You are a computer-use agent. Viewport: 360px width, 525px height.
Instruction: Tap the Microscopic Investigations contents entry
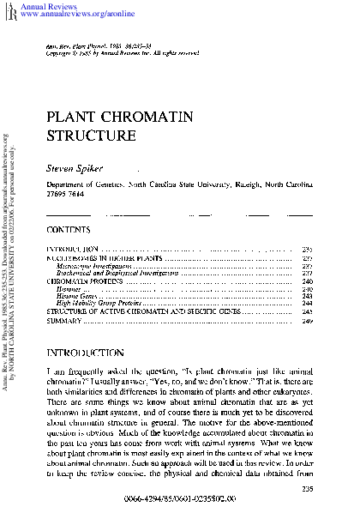(x=93, y=265)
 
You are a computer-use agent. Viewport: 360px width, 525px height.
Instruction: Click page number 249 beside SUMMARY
(x=306, y=319)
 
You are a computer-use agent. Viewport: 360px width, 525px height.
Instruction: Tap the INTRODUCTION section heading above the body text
(x=89, y=353)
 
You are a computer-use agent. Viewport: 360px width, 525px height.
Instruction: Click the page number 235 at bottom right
(x=306, y=490)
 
